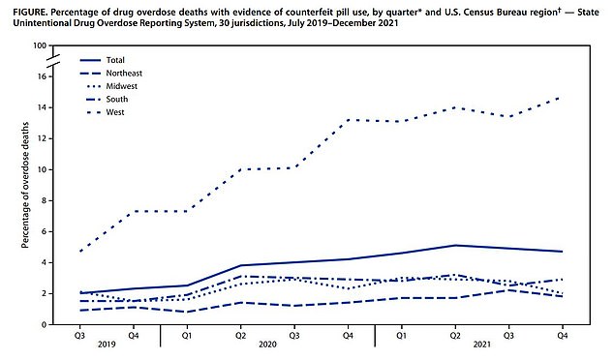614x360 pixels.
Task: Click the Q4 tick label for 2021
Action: tap(562, 336)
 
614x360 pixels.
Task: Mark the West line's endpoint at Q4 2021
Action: tap(562, 97)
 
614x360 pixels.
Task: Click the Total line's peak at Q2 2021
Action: tap(455, 245)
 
